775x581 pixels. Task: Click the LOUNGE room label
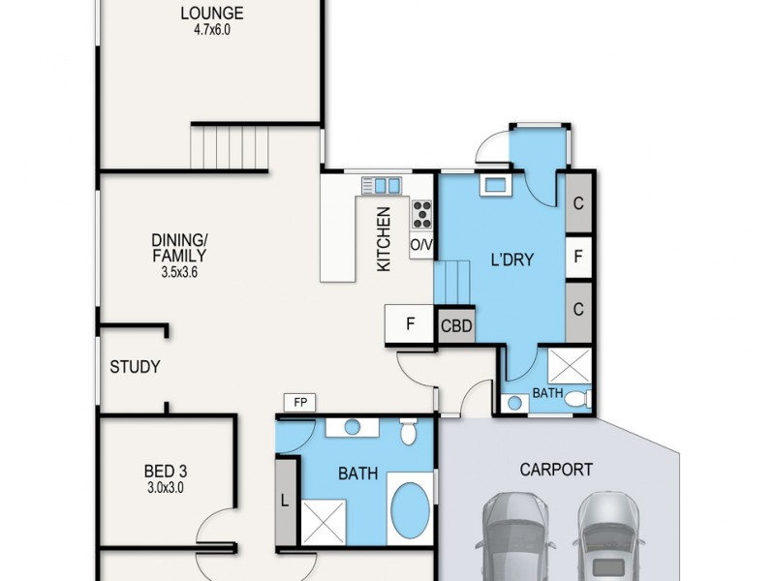point(211,14)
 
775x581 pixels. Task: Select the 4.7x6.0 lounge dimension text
point(211,30)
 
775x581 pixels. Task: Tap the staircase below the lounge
point(229,147)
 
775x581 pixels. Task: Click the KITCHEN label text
point(384,239)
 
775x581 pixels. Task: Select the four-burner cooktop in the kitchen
point(421,214)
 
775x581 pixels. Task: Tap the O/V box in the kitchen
point(421,245)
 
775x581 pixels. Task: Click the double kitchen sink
point(380,184)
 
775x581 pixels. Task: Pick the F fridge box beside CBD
point(411,324)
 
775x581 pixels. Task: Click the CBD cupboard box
point(456,326)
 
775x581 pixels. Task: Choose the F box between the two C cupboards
point(578,258)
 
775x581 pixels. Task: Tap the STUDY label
point(135,368)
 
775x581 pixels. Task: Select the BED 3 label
point(160,473)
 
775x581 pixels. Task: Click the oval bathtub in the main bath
point(411,510)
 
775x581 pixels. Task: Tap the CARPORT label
point(555,470)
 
